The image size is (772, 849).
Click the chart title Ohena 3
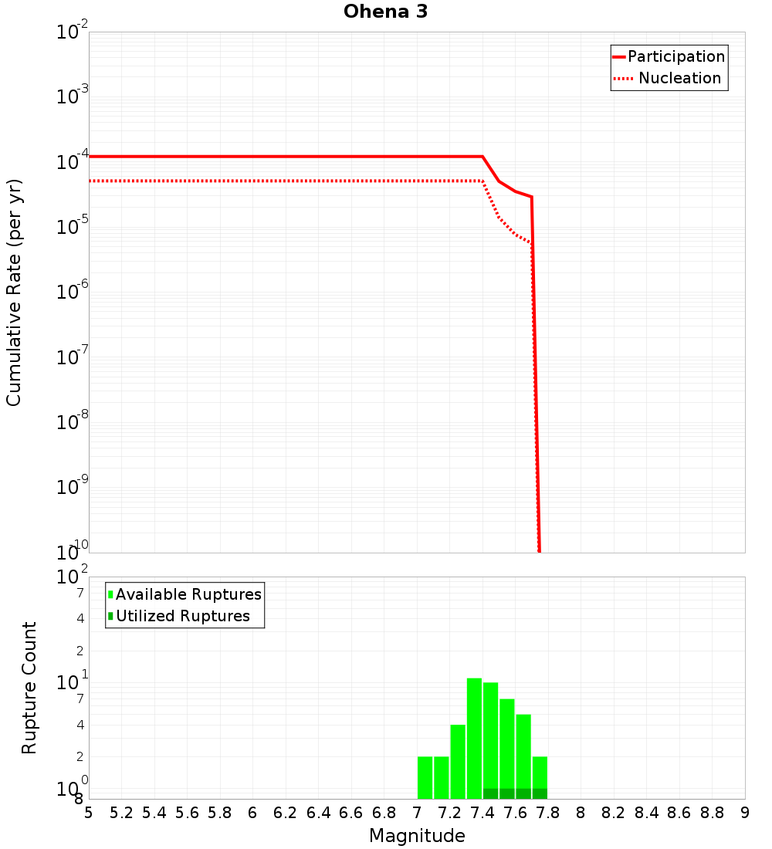coord(385,12)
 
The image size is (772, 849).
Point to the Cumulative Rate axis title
coord(14,292)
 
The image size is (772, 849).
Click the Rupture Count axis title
coord(29,687)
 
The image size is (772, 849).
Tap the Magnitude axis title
coord(417,836)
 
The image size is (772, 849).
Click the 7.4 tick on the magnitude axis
coord(482,813)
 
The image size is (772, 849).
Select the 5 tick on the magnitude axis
coord(89,813)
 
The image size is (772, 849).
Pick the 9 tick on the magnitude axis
coord(745,813)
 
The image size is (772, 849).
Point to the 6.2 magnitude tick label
coord(286,813)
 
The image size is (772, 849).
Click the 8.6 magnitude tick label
coord(679,813)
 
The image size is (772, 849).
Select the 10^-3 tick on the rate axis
coord(73,96)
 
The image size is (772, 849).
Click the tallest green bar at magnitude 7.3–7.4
coord(474,737)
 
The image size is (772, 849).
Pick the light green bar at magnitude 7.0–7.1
coord(425,777)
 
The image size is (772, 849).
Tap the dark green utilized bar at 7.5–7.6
coord(506,793)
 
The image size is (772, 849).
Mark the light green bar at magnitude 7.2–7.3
coord(458,761)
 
